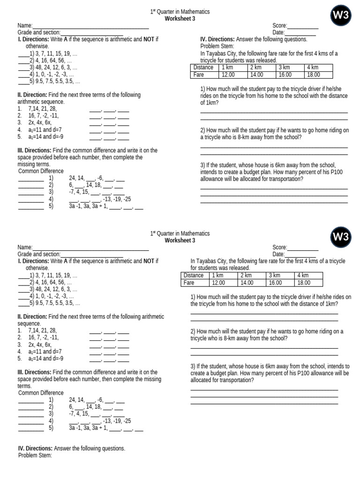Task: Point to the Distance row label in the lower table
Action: click(194, 276)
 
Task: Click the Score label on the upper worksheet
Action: click(279, 25)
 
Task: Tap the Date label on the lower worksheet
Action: click(278, 254)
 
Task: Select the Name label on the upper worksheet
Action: click(25, 25)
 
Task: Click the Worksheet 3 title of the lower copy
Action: click(180, 240)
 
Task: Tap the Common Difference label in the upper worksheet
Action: click(41, 171)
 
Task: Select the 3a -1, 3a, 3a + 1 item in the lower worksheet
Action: click(89, 428)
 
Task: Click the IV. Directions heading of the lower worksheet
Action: click(39, 449)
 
